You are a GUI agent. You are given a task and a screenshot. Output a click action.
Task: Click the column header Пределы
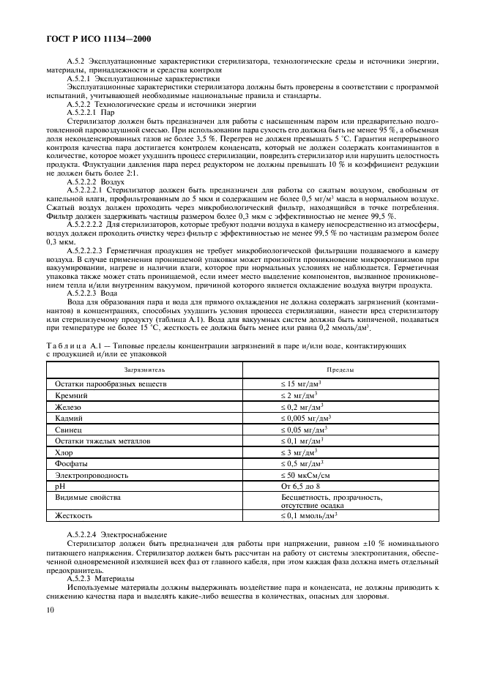tap(340, 370)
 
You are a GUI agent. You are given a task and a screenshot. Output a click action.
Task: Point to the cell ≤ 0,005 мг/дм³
tap(307, 418)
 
